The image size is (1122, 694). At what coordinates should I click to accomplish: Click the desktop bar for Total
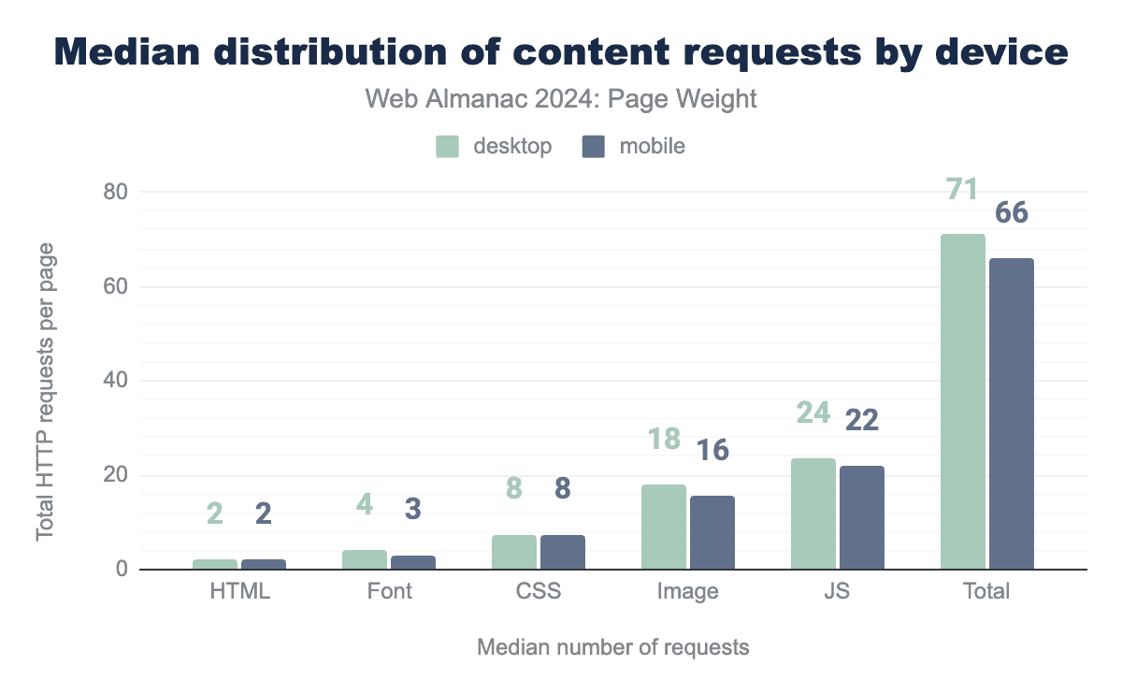click(x=962, y=401)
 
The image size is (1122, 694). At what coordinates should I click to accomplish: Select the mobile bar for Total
click(x=1012, y=413)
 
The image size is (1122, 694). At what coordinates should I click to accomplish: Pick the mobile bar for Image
click(x=712, y=532)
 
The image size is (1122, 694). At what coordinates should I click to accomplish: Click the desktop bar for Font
click(x=364, y=559)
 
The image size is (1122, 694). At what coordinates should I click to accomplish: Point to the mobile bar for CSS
click(x=563, y=552)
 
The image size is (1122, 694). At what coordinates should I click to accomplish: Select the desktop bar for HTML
click(x=215, y=564)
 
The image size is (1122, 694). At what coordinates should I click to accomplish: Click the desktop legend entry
click(x=495, y=147)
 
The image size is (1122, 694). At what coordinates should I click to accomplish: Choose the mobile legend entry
click(x=634, y=147)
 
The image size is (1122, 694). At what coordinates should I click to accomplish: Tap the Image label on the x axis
click(x=687, y=592)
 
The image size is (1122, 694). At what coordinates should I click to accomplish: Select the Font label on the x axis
click(x=389, y=592)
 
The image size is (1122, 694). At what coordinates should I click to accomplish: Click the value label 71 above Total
click(x=962, y=190)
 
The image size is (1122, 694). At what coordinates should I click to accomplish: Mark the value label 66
click(x=1012, y=213)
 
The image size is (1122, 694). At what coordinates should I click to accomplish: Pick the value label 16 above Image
click(x=712, y=450)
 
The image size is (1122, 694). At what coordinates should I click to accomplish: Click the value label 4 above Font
click(x=365, y=504)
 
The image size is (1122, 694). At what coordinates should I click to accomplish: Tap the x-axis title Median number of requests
click(x=613, y=647)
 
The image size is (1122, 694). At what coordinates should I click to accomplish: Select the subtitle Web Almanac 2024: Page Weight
click(x=561, y=99)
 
